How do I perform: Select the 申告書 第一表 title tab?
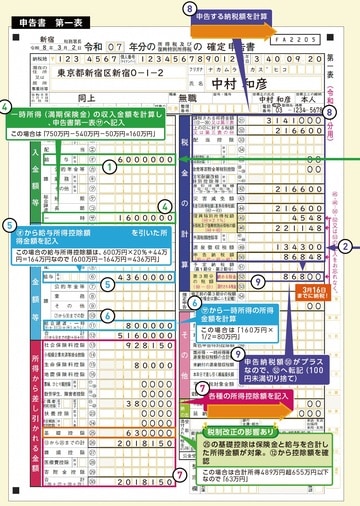pos(37,8)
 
